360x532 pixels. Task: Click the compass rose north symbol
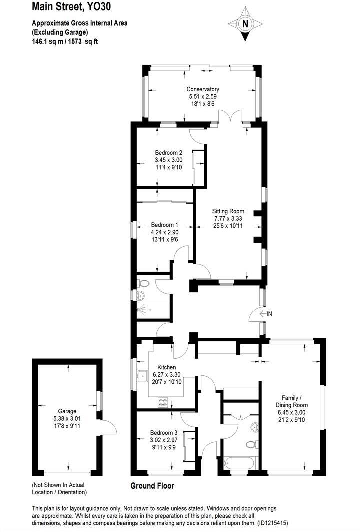(245, 23)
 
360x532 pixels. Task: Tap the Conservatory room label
(203, 89)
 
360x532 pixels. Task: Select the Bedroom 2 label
(168, 152)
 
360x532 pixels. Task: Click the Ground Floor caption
(152, 485)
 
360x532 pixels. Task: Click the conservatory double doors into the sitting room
(232, 118)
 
